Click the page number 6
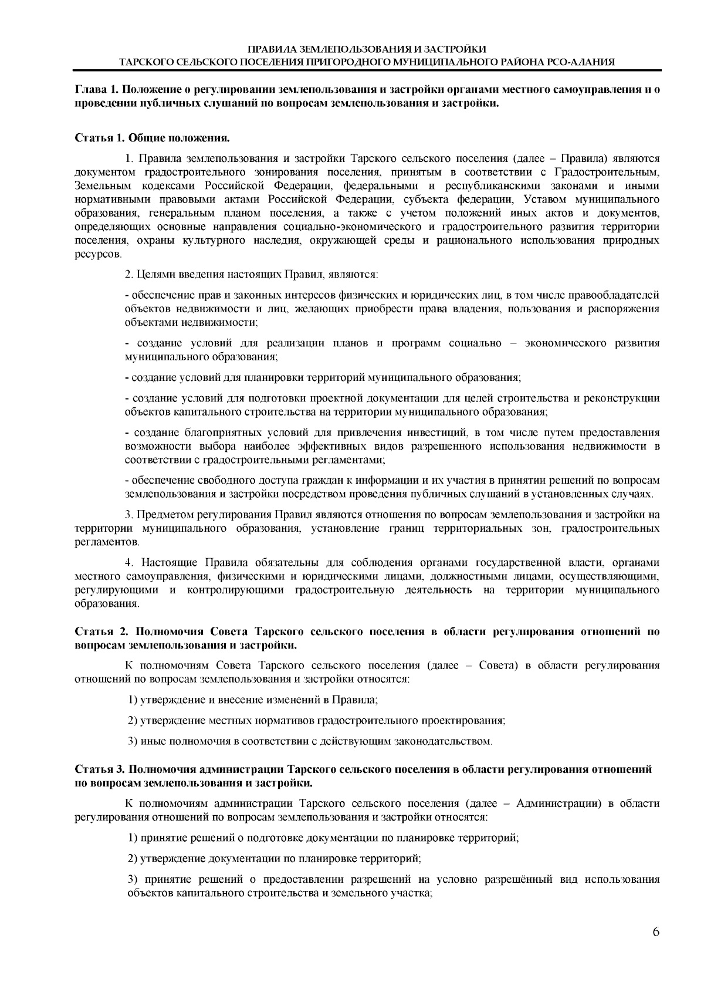(655, 931)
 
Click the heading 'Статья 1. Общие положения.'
(151, 138)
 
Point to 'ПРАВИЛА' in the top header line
(270, 49)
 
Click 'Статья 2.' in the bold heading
(101, 632)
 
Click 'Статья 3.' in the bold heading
(99, 769)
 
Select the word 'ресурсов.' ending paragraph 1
(98, 254)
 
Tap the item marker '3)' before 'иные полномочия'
(133, 741)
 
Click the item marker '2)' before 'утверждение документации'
(133, 859)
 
